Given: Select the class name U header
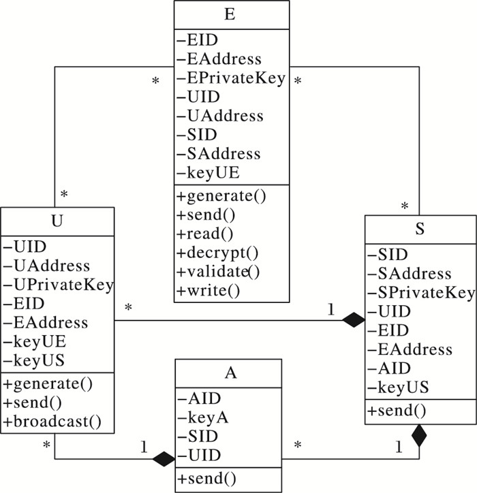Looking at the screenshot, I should click(x=56, y=222).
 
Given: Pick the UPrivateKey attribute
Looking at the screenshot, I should click(x=59, y=284).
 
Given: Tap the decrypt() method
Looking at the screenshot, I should click(x=218, y=253).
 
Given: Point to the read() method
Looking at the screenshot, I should click(x=205, y=234).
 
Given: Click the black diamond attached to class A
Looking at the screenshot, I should click(x=164, y=458).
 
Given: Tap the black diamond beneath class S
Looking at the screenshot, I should click(x=419, y=435).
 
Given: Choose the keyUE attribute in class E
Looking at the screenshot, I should click(x=213, y=172).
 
